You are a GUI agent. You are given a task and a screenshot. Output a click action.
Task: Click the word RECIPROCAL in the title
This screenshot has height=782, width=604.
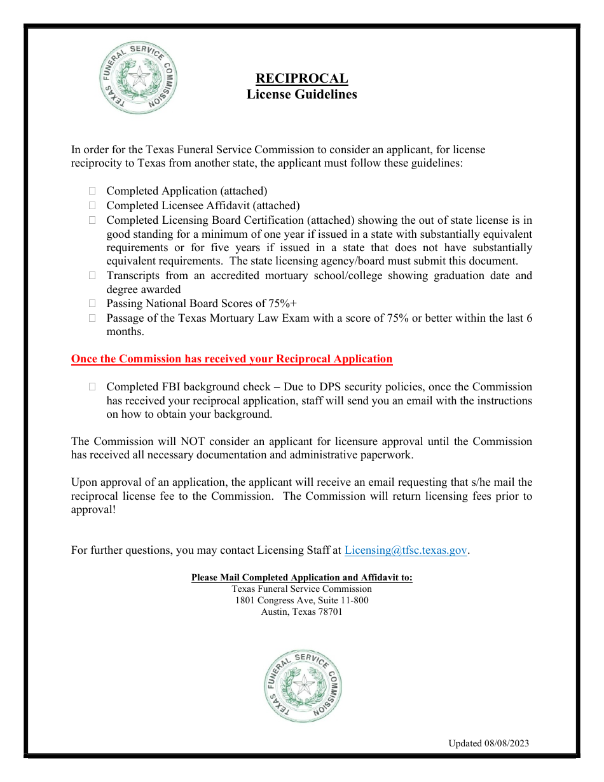(x=301, y=79)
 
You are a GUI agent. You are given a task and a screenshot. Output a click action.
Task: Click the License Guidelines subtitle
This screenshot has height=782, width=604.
(x=301, y=95)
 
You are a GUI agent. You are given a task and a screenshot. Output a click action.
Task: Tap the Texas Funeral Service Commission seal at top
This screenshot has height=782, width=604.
(x=139, y=78)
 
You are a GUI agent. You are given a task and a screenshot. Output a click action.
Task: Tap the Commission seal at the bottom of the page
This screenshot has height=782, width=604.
(x=303, y=685)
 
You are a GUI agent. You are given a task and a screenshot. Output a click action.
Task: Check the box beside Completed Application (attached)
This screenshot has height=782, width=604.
(x=92, y=191)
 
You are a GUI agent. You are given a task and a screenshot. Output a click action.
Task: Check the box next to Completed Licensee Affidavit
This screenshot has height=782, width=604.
(x=92, y=205)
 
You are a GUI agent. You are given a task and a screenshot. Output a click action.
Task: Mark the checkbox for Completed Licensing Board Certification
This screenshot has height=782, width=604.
(x=92, y=220)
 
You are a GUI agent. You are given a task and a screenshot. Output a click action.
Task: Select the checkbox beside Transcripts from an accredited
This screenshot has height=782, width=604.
(x=92, y=275)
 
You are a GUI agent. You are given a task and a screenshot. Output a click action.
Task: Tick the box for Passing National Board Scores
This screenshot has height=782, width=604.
(x=92, y=304)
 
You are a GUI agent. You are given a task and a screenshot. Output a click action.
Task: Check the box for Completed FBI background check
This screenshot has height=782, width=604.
(x=92, y=387)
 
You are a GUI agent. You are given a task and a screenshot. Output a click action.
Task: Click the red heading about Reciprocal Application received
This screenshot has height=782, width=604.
(x=231, y=359)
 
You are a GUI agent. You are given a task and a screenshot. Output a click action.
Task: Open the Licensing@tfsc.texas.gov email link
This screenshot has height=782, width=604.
(x=406, y=551)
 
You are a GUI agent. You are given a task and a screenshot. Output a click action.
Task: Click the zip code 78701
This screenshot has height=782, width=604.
(x=329, y=612)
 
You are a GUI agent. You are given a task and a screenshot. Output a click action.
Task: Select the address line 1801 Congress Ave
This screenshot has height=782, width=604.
(x=301, y=600)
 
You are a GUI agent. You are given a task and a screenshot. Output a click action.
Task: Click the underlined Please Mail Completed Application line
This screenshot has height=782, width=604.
(x=301, y=578)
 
